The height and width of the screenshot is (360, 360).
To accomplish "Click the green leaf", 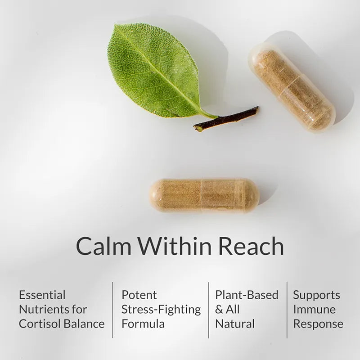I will click(153, 70).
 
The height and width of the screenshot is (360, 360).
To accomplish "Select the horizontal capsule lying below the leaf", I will click(204, 195).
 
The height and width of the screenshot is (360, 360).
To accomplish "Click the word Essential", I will click(42, 295).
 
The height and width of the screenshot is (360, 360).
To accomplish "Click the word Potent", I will click(139, 295).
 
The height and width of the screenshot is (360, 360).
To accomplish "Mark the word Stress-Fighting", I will click(161, 310).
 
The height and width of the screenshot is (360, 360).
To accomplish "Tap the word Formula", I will click(143, 324).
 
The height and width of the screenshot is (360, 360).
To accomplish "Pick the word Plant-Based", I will click(247, 295).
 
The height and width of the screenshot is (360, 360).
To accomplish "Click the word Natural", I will click(235, 324).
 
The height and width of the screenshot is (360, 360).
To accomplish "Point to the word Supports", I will click(316, 295).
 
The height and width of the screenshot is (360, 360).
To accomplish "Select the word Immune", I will click(314, 310).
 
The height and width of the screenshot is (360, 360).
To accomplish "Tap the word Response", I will click(318, 324).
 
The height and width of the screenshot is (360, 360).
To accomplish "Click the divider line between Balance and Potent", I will click(112, 310).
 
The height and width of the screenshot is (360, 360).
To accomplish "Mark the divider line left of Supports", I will click(287, 310).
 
